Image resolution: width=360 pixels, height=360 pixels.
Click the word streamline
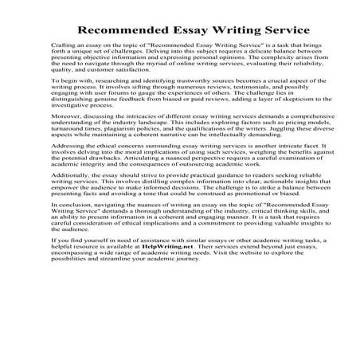(104, 318)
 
